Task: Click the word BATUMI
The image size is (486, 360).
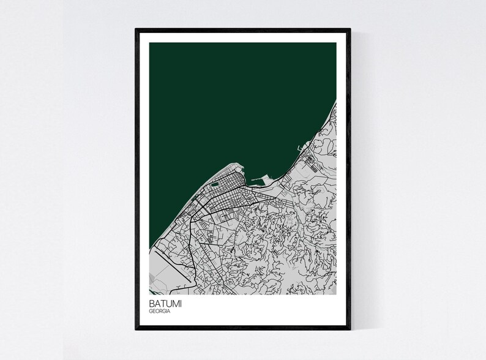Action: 163,303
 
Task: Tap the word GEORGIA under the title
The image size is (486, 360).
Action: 160,312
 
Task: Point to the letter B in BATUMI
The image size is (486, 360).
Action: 151,303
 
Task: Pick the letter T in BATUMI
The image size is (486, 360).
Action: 162,303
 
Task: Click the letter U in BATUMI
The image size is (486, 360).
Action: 167,303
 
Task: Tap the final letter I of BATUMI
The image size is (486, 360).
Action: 178,303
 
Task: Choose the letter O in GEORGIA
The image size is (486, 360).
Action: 157,312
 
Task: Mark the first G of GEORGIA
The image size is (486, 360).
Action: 150,312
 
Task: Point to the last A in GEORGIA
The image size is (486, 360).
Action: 169,312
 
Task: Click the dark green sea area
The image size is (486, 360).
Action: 233,98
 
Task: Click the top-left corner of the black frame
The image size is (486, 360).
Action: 136,28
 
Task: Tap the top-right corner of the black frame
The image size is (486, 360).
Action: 350,28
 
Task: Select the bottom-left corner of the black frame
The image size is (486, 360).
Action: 136,329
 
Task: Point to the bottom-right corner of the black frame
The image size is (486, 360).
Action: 350,329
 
